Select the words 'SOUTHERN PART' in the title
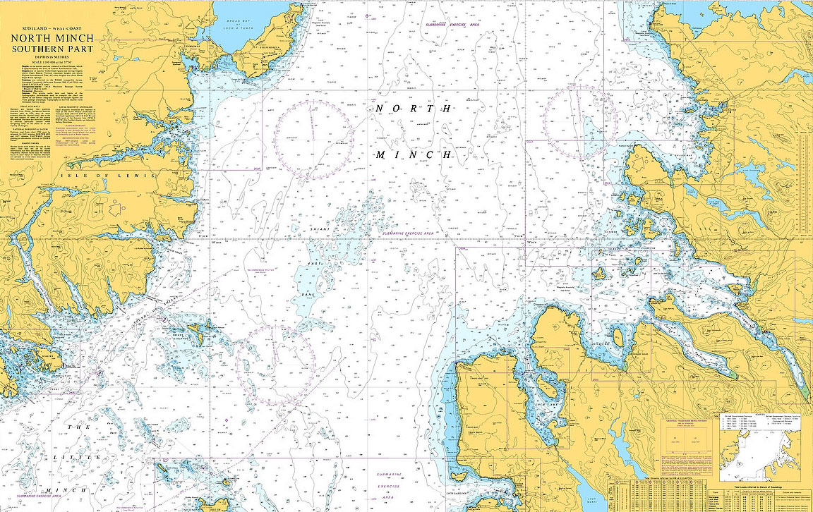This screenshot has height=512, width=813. pos(49,49)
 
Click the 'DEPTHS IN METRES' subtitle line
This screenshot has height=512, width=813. pos(49,57)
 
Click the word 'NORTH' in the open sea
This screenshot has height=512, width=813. pos(413,109)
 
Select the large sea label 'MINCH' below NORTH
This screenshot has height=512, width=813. pos(413,154)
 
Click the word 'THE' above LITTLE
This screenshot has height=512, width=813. pos(83,427)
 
